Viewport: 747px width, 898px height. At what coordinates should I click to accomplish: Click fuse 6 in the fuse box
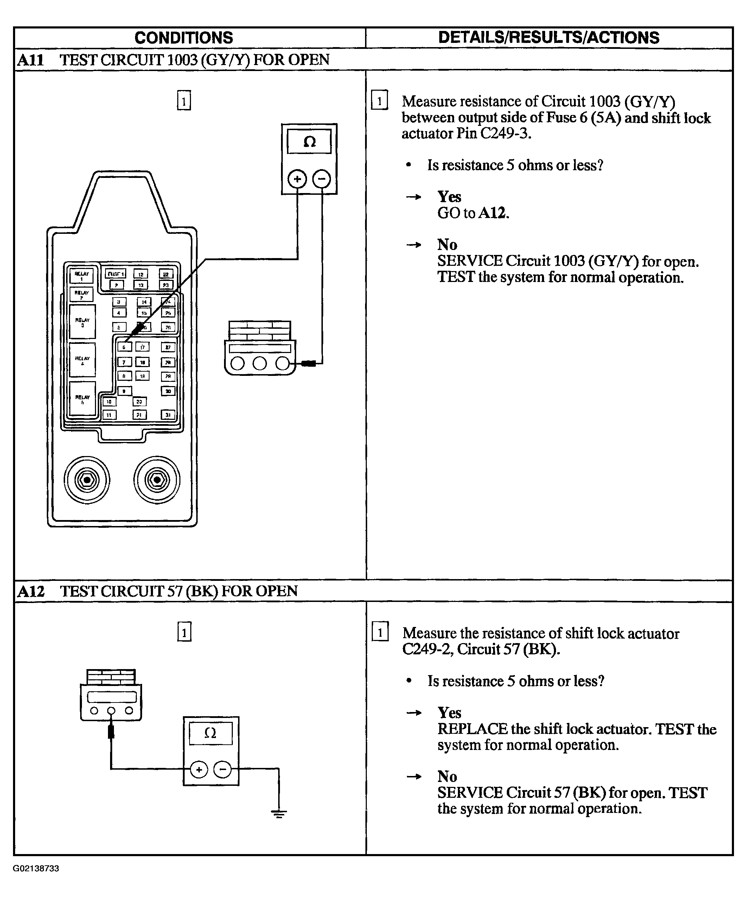point(124,347)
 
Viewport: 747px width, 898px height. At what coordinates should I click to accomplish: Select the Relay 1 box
point(81,276)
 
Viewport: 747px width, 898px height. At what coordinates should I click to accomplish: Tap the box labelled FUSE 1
point(115,274)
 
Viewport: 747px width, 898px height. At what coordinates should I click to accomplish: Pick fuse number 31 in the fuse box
point(168,414)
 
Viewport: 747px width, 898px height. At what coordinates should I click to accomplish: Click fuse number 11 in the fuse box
point(109,414)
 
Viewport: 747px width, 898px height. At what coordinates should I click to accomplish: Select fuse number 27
point(168,347)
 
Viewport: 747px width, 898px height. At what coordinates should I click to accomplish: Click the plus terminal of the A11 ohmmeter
point(297,179)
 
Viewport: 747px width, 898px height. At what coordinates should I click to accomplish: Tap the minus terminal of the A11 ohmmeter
point(322,179)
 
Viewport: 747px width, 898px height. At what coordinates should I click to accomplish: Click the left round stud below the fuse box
point(87,480)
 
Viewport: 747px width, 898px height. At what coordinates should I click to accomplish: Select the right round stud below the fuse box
point(157,480)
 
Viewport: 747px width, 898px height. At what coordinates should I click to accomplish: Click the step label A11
point(31,60)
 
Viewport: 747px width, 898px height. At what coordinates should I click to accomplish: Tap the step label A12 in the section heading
point(31,591)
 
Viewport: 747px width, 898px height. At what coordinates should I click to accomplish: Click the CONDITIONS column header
point(184,38)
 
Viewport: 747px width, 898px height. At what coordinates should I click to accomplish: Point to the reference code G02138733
point(36,868)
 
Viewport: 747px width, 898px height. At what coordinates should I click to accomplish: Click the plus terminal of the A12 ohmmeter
point(198,770)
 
